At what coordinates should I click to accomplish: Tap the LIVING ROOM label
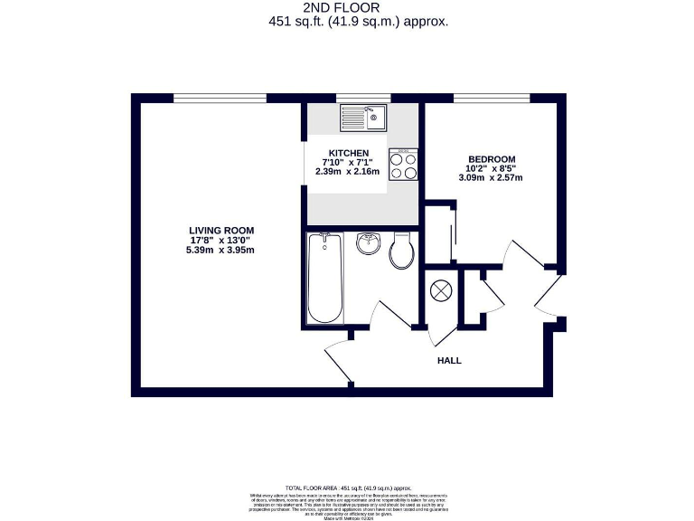tap(221, 230)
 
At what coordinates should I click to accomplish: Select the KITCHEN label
tap(348, 152)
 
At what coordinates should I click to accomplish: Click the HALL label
tap(449, 360)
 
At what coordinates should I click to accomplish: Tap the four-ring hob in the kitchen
tap(404, 164)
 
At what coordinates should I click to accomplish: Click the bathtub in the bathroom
tap(324, 278)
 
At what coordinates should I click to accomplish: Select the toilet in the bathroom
tap(402, 251)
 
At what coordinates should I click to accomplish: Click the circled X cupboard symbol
tap(441, 291)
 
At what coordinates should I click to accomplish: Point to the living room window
tap(220, 98)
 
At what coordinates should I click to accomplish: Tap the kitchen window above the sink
tap(363, 98)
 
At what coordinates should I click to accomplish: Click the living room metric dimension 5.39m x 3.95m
tap(221, 250)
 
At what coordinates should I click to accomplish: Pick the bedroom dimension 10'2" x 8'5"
tap(490, 168)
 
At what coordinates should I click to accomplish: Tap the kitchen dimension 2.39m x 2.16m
tap(348, 171)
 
